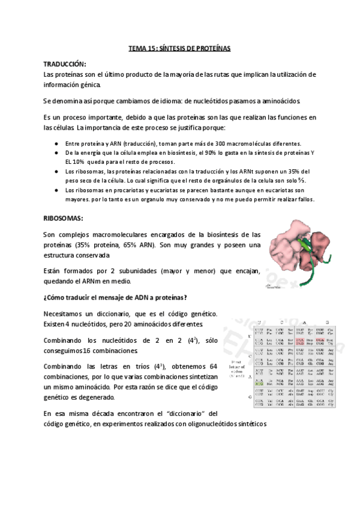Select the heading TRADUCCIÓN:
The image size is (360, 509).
click(65, 64)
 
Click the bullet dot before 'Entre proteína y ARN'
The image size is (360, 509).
click(56, 144)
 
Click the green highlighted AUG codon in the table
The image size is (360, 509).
click(259, 385)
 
